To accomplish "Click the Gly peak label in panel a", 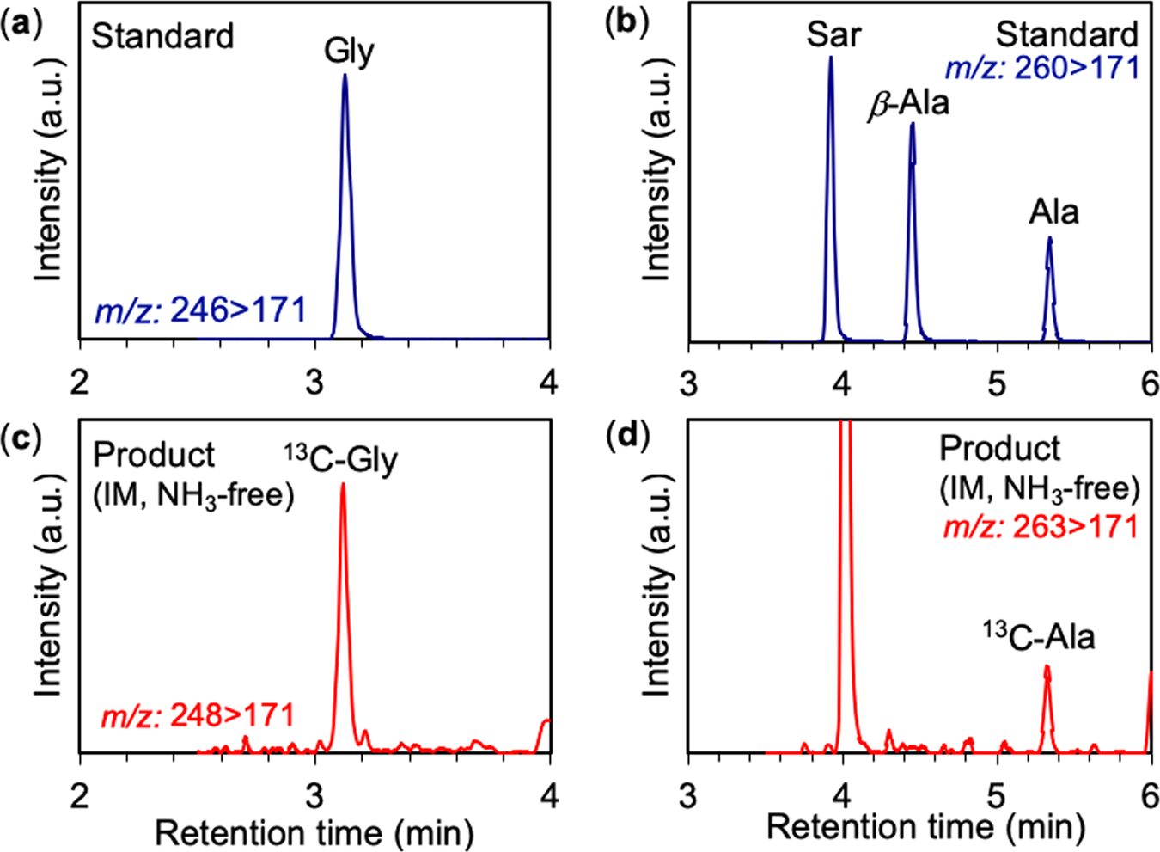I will coord(349,52).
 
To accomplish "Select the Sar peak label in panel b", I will coord(833,35).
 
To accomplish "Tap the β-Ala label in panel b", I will coord(909,104).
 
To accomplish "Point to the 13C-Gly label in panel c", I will coord(341,460).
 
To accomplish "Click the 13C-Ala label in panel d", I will coord(1039,637).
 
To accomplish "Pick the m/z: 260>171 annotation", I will coord(1041,68).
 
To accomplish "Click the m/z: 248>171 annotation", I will coord(198,715).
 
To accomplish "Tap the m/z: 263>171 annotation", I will coord(1041,527).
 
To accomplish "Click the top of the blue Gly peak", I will coord(345,76).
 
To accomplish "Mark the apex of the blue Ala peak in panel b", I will coord(1049,239).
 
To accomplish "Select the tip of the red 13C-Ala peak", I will coord(1047,666).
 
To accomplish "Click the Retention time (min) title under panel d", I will coord(925,827).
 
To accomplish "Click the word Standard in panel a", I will coord(162,37).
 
